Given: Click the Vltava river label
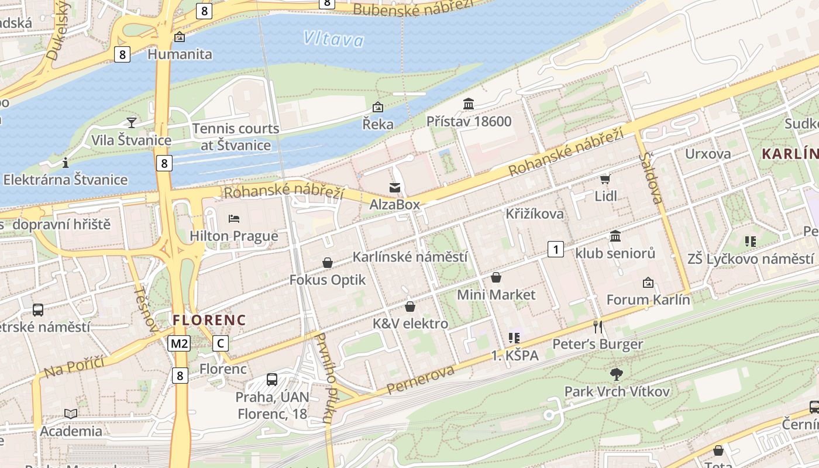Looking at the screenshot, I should [x=333, y=39].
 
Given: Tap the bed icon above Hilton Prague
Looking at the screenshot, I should [x=234, y=219].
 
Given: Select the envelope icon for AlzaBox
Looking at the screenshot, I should [x=395, y=188].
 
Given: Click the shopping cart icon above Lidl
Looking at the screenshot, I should [x=605, y=179].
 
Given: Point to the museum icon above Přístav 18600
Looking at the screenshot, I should [x=469, y=104].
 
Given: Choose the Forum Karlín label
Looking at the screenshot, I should [x=648, y=300].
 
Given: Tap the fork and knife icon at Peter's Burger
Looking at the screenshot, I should [x=597, y=326].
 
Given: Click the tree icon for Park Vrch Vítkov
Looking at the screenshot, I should [x=616, y=374].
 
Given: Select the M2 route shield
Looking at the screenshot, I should [x=179, y=343].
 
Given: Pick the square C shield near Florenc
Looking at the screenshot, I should [x=220, y=343].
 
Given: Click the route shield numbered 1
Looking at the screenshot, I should [x=556, y=250].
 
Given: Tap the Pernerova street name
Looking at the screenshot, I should [x=420, y=379].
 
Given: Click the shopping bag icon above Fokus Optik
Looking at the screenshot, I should [x=328, y=263].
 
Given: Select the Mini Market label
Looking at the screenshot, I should [x=496, y=294].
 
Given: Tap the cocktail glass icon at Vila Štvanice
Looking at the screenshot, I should [x=132, y=122].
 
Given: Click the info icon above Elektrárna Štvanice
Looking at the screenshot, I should [x=66, y=162].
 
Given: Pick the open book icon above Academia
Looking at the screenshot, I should [x=71, y=414].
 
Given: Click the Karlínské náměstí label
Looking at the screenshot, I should [x=410, y=257].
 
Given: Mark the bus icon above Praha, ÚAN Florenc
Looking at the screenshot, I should [x=272, y=379].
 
